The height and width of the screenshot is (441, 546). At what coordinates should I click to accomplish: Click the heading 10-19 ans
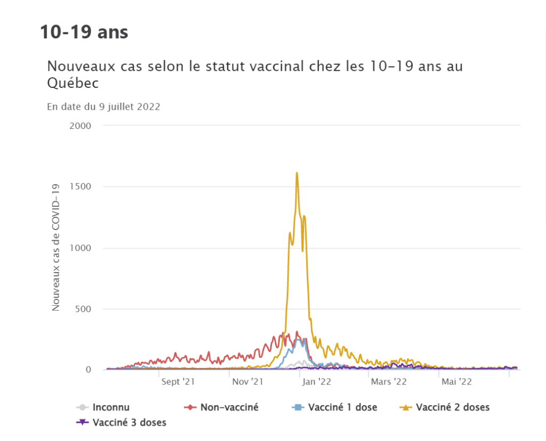point(84,32)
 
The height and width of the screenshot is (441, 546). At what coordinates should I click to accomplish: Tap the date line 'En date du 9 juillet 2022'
point(104,107)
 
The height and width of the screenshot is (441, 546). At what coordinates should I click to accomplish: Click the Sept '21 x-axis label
point(178,382)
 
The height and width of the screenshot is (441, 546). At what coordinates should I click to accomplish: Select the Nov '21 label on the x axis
point(248,382)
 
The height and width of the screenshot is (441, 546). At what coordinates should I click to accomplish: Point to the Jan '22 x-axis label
point(317,382)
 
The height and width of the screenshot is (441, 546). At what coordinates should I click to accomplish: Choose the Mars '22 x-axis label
point(389,382)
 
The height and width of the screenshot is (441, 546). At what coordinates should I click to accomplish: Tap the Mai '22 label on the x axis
point(456,382)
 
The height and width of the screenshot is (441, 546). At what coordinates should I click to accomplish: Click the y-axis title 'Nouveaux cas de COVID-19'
point(55,247)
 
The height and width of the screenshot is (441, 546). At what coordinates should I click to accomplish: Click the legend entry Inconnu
point(110,407)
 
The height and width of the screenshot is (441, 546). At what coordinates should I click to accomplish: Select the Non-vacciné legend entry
point(229,407)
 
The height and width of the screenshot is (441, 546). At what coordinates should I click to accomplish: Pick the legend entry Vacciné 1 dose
point(343,407)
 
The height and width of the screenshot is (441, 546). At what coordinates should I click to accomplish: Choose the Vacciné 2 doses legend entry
point(452,407)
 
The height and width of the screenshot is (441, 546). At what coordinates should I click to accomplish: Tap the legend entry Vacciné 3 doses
point(129,423)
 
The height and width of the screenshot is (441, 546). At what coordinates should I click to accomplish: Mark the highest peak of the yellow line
point(296,173)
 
